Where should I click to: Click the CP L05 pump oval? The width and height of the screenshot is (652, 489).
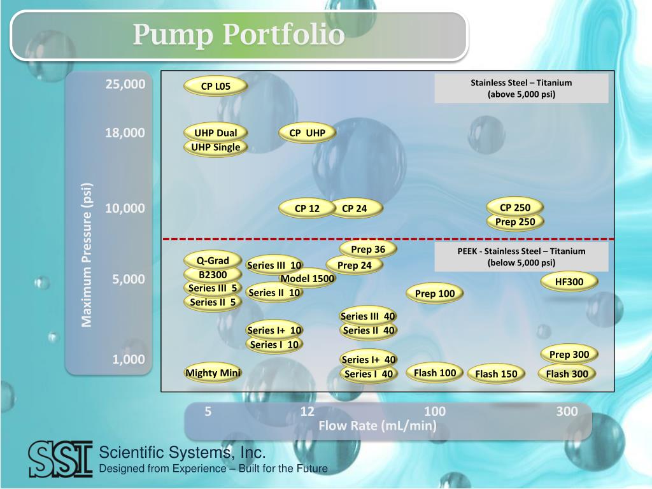(x=215, y=87)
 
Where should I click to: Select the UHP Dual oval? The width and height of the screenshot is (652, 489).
(x=215, y=133)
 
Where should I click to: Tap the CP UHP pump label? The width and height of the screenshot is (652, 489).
(x=307, y=133)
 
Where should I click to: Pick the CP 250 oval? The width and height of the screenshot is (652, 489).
(x=514, y=208)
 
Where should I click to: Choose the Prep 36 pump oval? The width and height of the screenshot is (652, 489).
(x=368, y=249)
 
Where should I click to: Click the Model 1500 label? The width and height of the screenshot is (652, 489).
(x=308, y=279)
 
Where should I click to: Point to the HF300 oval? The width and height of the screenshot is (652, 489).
(x=569, y=281)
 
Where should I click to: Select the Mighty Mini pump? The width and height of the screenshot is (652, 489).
(x=213, y=373)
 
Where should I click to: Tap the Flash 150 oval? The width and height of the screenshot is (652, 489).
(x=496, y=374)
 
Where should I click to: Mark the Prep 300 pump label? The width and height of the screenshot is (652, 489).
(x=569, y=355)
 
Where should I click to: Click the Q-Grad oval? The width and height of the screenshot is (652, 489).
(x=212, y=260)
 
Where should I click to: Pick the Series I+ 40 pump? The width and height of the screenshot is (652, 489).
(x=369, y=360)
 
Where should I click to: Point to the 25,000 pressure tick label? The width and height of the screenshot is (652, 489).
(x=125, y=84)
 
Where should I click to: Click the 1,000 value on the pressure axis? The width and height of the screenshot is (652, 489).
(x=129, y=360)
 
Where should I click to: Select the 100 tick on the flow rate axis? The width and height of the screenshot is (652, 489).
(x=435, y=411)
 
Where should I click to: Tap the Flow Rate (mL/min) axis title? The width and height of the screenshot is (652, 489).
(x=378, y=426)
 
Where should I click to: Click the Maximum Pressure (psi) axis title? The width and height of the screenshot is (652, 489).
(x=87, y=255)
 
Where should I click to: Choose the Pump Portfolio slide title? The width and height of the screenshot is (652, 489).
(x=239, y=34)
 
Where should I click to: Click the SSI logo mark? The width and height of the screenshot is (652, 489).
(x=60, y=458)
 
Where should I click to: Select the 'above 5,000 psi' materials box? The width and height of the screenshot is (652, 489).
(x=521, y=89)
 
